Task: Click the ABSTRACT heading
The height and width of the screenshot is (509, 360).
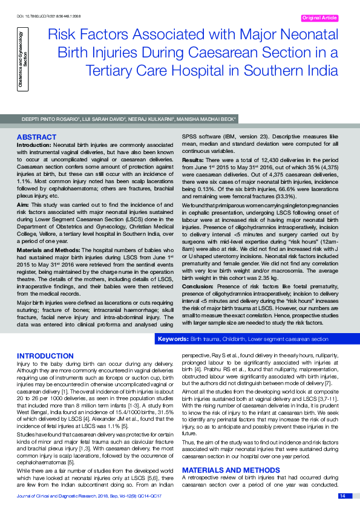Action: tap(36, 138)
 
